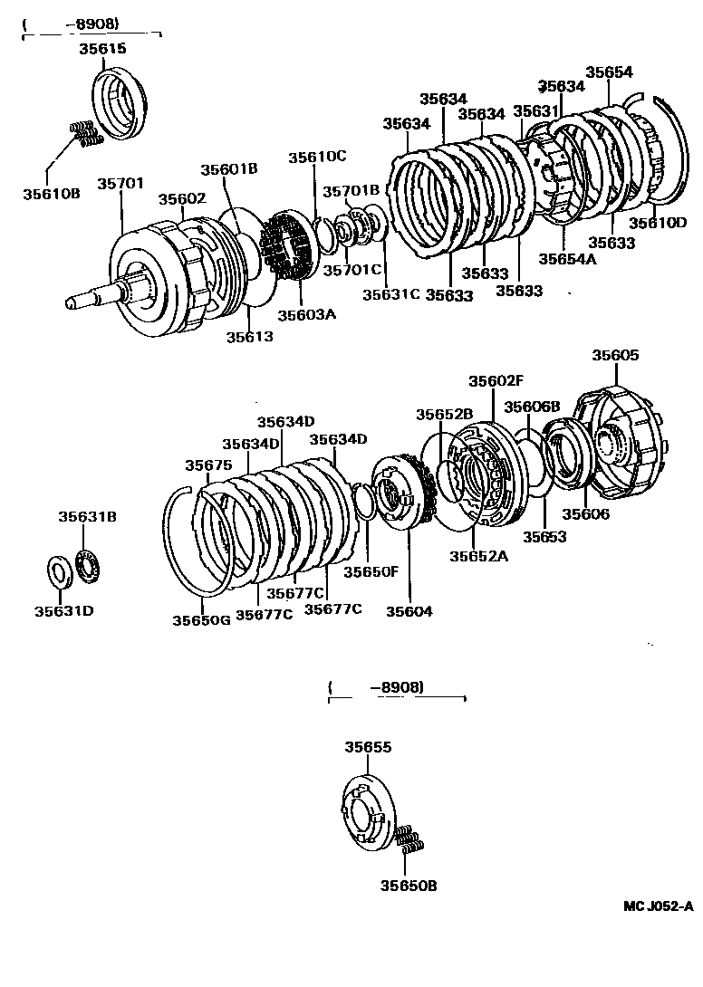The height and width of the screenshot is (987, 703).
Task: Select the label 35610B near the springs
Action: pyautogui.click(x=53, y=194)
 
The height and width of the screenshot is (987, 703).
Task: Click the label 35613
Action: pyautogui.click(x=249, y=336)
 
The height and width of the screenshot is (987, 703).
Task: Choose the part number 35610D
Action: pyautogui.click(x=659, y=223)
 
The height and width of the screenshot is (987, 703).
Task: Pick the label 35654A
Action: pyautogui.click(x=568, y=258)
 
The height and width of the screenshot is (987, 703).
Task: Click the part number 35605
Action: pyautogui.click(x=615, y=356)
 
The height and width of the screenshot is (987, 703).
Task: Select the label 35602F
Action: pyautogui.click(x=496, y=381)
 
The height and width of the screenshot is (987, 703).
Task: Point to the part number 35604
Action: pyautogui.click(x=409, y=611)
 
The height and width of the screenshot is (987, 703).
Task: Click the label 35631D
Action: pyautogui.click(x=64, y=610)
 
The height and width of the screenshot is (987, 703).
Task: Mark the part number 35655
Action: pyautogui.click(x=368, y=748)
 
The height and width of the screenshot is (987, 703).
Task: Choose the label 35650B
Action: pyautogui.click(x=409, y=886)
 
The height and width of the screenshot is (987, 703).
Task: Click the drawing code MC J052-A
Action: pyautogui.click(x=657, y=906)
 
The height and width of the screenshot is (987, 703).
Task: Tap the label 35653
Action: pyautogui.click(x=544, y=537)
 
